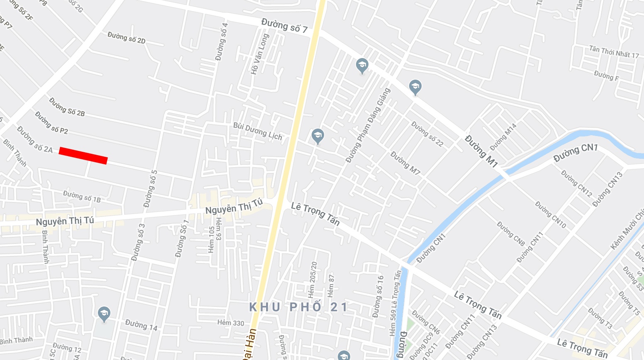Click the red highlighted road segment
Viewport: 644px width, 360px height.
point(83,156)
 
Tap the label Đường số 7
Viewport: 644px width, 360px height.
point(284,25)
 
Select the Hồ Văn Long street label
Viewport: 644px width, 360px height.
point(260,54)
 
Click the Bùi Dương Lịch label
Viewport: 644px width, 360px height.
point(257,131)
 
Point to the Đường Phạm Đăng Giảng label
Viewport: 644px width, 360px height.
point(368,125)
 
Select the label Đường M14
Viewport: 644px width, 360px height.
point(503,136)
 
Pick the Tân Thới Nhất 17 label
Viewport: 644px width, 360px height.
point(614,51)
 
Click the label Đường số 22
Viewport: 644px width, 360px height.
point(427,134)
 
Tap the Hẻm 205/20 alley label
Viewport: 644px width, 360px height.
point(312,280)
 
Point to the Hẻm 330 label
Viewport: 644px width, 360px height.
point(231,323)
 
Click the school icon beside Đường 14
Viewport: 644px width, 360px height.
point(104,314)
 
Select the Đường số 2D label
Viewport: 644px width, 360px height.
point(127,38)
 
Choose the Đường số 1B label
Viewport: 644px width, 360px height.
point(82,196)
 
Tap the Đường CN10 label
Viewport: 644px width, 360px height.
point(550,214)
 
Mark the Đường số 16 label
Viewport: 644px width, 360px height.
point(378,297)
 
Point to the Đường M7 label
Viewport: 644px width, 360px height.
point(405,163)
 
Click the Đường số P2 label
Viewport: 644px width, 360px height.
point(51,122)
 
